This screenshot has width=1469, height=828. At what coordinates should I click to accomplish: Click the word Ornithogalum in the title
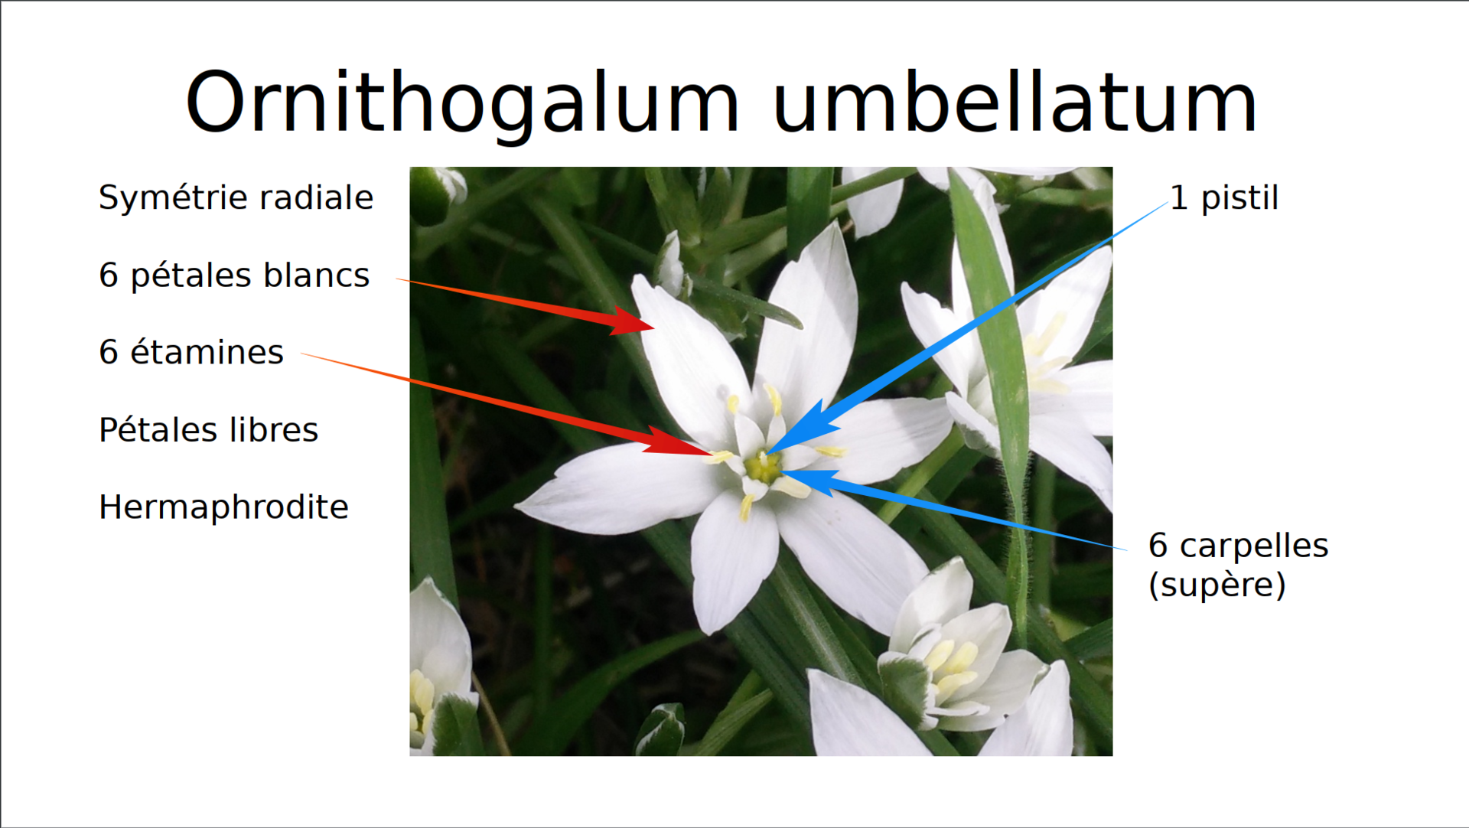[462, 104]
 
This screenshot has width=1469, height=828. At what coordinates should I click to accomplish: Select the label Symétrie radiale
[236, 197]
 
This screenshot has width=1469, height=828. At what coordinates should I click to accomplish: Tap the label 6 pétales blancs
[234, 275]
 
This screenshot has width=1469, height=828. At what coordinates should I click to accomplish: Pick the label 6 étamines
[191, 352]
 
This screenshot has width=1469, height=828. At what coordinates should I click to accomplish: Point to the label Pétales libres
[208, 429]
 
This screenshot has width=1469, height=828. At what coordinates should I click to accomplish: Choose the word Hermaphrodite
[223, 507]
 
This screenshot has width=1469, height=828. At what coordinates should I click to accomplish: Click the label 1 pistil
[1224, 198]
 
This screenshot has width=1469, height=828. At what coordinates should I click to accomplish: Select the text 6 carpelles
[1238, 546]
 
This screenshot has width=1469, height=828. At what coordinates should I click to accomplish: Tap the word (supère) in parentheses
[1217, 585]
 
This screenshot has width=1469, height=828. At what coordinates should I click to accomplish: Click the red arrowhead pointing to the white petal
[631, 321]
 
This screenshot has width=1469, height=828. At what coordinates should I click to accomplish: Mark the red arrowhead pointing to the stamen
[677, 442]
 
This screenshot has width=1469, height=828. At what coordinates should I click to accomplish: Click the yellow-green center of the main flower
[762, 466]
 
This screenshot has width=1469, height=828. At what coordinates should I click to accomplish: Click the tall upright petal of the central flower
[811, 321]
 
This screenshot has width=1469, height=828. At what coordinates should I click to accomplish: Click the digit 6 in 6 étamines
[109, 352]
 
